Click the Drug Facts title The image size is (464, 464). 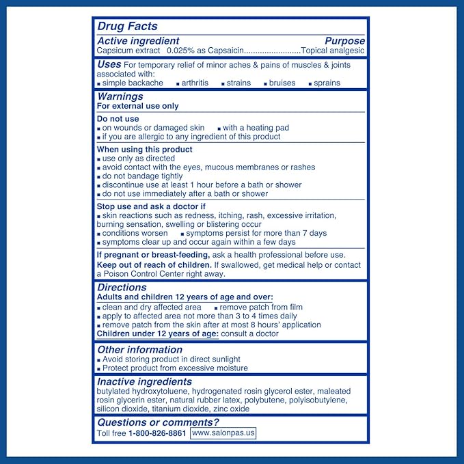[x=128, y=27]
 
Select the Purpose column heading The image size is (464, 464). [x=344, y=41]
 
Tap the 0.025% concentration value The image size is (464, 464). [x=180, y=51]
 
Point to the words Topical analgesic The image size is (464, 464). [x=333, y=51]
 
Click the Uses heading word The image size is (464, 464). [x=109, y=64]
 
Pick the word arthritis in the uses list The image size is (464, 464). [x=195, y=83]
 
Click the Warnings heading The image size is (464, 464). [x=120, y=96]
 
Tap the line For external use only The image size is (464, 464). [x=138, y=106]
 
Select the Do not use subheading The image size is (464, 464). [x=118, y=119]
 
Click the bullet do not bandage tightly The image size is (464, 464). [x=142, y=176]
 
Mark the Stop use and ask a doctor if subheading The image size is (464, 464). [x=151, y=206]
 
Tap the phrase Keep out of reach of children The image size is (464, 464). [x=154, y=264]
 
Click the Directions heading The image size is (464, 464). [x=123, y=288]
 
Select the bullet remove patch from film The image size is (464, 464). [x=261, y=308]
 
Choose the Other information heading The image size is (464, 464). [x=140, y=349]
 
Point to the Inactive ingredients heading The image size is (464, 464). [x=144, y=381]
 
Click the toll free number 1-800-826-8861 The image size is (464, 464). [x=157, y=433]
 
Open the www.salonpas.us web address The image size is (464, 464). [x=223, y=433]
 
